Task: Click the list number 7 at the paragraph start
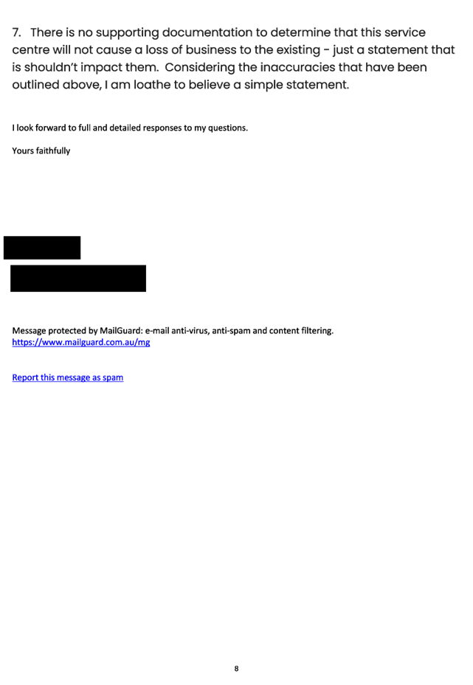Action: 16,32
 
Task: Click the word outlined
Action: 35,84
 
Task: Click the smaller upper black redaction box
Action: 42,248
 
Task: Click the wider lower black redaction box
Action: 78,278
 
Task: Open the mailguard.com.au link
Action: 81,342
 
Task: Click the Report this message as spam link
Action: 68,378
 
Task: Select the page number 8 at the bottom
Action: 236,668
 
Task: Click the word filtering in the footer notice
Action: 317,331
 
